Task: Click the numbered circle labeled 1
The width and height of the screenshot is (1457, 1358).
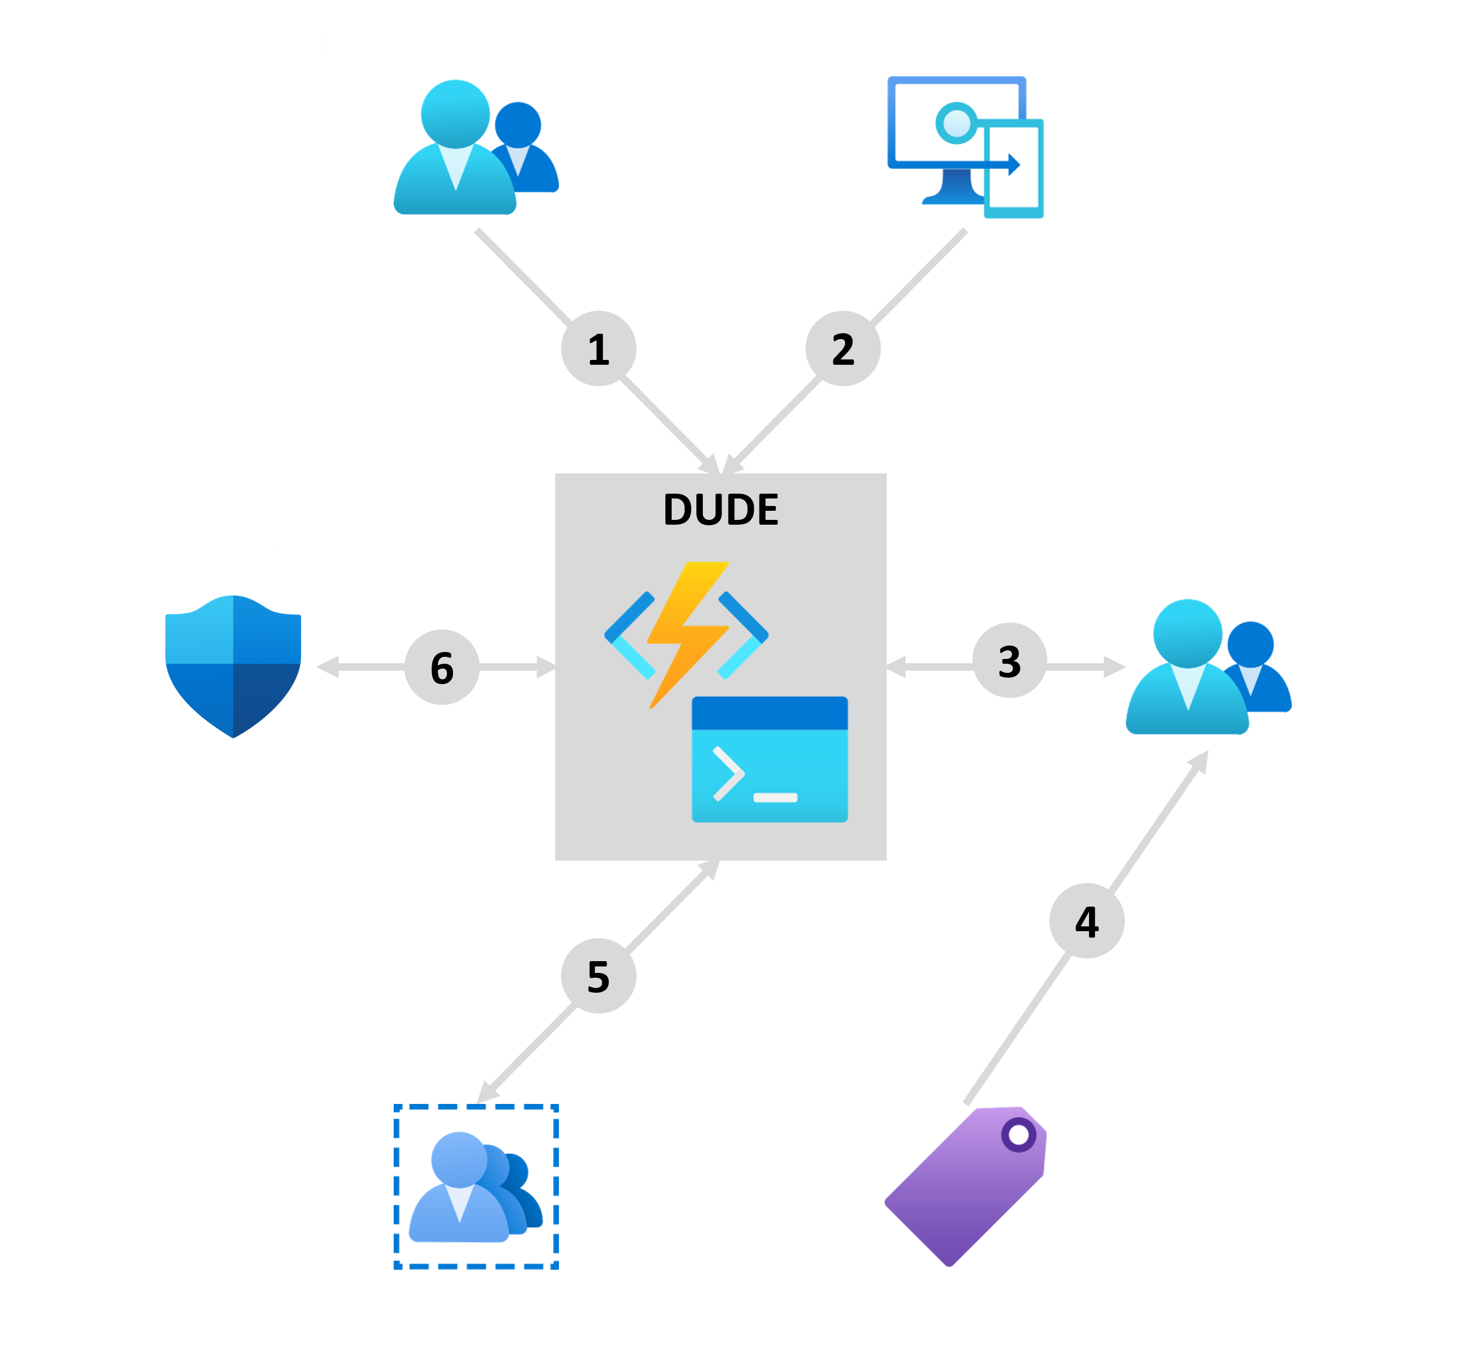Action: tap(598, 348)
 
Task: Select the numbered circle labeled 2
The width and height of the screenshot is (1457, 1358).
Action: tap(843, 348)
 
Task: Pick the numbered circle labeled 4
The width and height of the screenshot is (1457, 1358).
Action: tap(1087, 920)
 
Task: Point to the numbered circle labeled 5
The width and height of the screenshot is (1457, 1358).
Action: tap(598, 976)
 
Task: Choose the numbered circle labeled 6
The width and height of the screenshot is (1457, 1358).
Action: tap(442, 667)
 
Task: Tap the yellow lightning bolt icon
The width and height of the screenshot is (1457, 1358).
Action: tap(687, 635)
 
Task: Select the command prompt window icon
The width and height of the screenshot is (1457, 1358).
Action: tap(770, 759)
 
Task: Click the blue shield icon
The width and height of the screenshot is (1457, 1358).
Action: tap(233, 666)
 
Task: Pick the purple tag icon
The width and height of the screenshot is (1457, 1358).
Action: tap(965, 1186)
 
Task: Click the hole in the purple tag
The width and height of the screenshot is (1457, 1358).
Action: tap(1019, 1134)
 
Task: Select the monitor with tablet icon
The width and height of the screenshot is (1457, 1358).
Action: tap(965, 147)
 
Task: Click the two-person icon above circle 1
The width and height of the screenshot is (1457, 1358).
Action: tap(477, 147)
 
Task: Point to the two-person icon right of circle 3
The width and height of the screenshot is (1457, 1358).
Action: tap(1208, 666)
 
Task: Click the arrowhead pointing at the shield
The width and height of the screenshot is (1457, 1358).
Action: tap(327, 667)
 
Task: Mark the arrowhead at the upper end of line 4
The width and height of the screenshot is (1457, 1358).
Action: tap(1200, 760)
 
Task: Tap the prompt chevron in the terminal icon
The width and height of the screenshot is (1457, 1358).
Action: tap(728, 774)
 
